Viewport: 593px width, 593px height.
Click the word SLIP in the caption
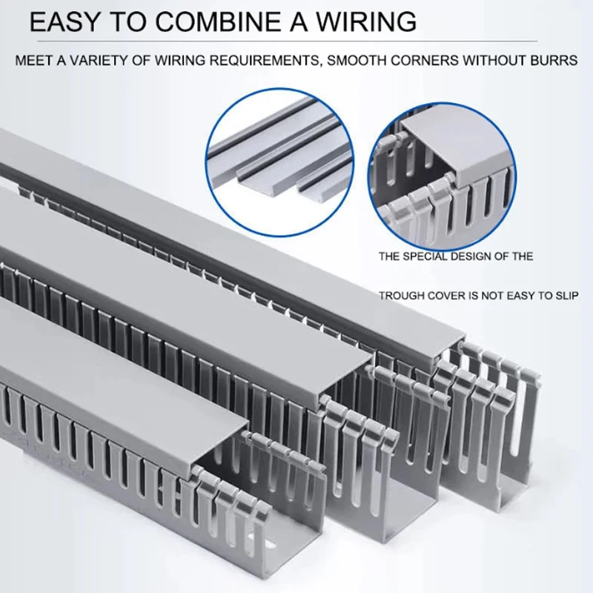click(x=565, y=295)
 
